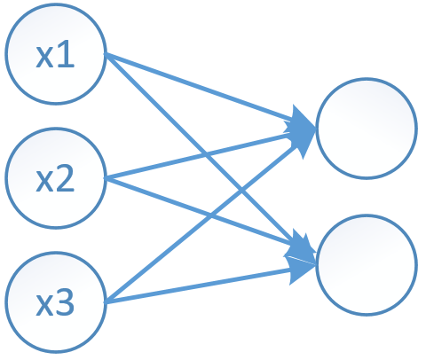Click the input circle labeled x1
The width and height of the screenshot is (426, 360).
(56, 55)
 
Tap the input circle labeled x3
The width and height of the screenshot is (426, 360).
(56, 303)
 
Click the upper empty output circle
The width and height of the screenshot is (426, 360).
(366, 128)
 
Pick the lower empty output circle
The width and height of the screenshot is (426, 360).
(366, 263)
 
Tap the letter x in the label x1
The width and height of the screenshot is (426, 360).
(44, 57)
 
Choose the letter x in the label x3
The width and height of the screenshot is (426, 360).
(44, 305)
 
